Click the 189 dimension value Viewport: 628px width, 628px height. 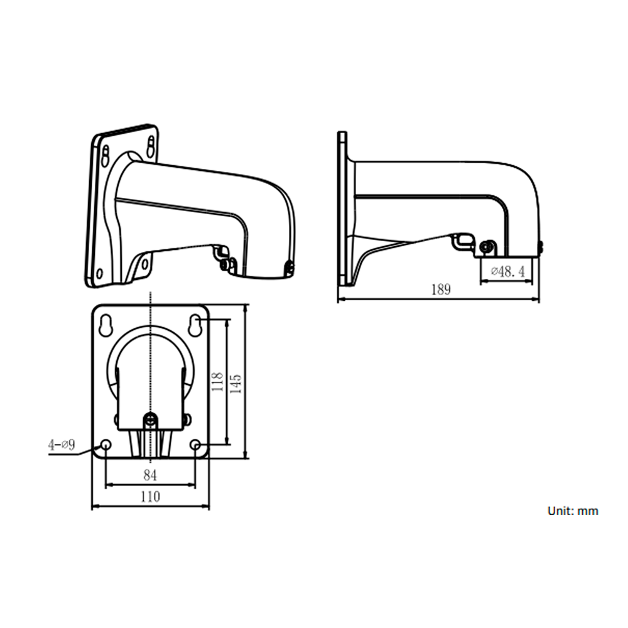[x=440, y=290]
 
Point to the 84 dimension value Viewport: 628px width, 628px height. [x=150, y=475]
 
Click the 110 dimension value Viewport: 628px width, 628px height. [x=149, y=497]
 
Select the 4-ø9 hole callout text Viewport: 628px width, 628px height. [x=62, y=445]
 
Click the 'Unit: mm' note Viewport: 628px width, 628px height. [x=572, y=511]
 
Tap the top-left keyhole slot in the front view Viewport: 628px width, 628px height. [x=105, y=325]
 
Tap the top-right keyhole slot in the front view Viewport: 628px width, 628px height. [x=196, y=325]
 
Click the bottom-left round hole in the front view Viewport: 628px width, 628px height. [x=106, y=445]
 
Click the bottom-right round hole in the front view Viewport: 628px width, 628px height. [x=195, y=445]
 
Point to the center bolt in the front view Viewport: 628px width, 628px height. [x=150, y=420]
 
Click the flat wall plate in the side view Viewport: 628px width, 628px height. [x=342, y=207]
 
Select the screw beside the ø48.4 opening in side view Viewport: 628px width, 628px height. [x=485, y=247]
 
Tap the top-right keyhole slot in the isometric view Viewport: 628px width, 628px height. [x=151, y=145]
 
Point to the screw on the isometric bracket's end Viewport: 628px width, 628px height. [x=288, y=268]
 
